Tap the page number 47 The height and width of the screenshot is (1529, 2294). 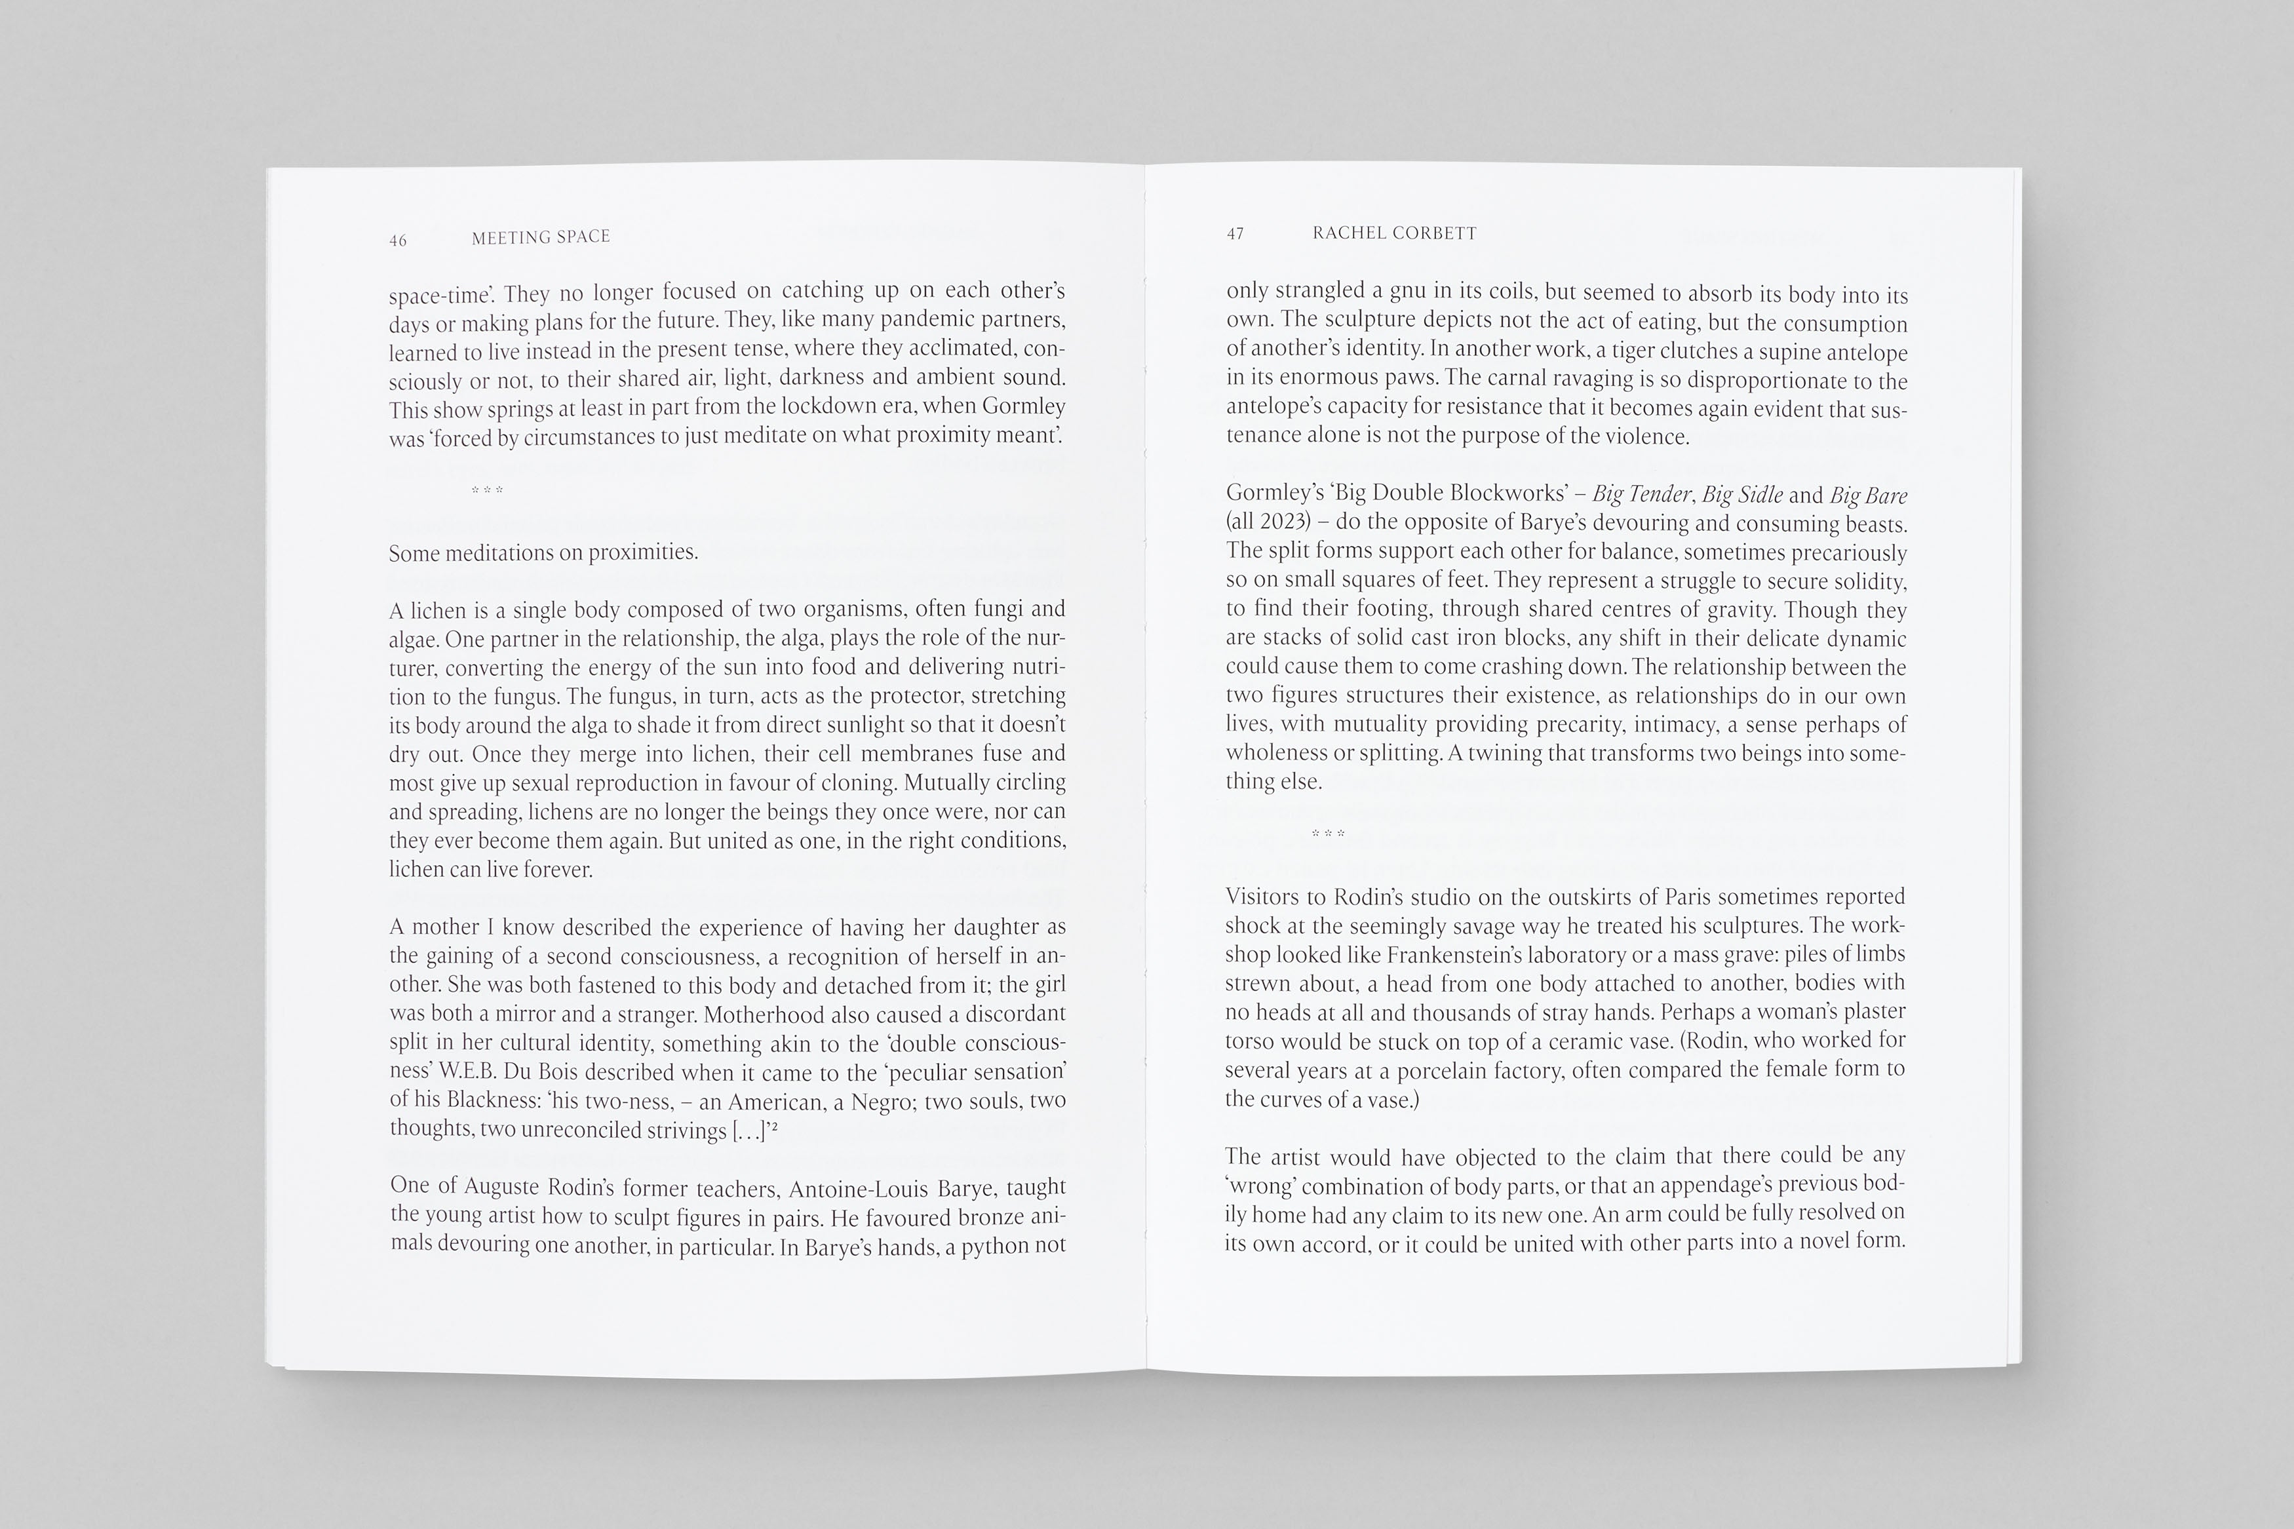tap(1235, 234)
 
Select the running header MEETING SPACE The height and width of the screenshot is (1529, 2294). tap(541, 237)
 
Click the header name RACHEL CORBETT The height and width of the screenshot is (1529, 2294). tap(1394, 233)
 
